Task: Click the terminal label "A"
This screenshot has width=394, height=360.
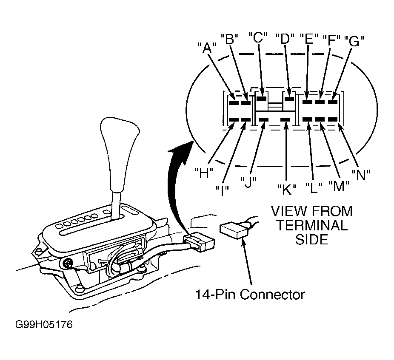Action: tap(207, 48)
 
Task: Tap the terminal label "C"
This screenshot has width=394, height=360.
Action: tap(257, 38)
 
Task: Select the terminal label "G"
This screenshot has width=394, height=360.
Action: tap(354, 41)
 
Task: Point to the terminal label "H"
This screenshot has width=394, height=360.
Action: tap(204, 173)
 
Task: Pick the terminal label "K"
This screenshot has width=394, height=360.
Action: tap(286, 189)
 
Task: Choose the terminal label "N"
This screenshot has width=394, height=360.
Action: tap(361, 175)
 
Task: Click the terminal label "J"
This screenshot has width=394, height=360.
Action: tap(248, 182)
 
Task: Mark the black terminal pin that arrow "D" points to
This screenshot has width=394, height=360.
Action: tap(289, 99)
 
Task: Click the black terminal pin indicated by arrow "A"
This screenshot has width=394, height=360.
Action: tap(234, 103)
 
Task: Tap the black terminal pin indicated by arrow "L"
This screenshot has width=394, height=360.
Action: tap(307, 119)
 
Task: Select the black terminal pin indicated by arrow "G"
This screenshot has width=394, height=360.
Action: tap(333, 102)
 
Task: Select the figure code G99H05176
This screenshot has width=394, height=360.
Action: tap(44, 324)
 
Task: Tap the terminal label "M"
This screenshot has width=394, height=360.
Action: tap(339, 186)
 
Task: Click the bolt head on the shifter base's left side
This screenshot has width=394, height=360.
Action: tap(67, 264)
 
